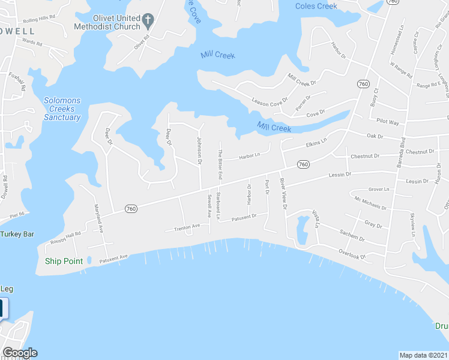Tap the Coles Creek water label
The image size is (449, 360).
316,6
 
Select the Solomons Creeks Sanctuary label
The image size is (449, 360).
62,109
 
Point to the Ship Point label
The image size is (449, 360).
64,261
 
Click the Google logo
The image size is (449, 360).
20,353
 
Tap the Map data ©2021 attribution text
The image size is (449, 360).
423,355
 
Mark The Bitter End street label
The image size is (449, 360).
220,164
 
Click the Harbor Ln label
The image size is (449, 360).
250,157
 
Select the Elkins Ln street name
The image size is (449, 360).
316,142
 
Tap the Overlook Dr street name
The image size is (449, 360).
351,254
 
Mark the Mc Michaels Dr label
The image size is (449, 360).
370,203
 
